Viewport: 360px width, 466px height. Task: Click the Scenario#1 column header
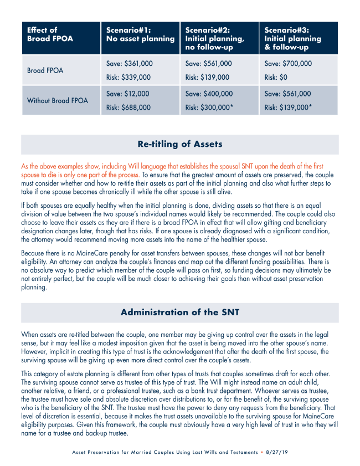pyautogui.click(x=140, y=34)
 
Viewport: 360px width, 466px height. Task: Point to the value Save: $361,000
pyautogui.click(x=129, y=64)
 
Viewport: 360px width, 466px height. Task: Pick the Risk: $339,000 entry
pyautogui.click(x=128, y=78)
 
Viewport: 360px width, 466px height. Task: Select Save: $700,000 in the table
pyautogui.click(x=288, y=64)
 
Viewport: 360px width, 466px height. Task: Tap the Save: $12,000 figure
pyautogui.click(x=127, y=94)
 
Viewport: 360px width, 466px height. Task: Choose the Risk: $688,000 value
pyautogui.click(x=128, y=107)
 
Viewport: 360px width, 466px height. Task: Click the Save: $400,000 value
pyautogui.click(x=209, y=94)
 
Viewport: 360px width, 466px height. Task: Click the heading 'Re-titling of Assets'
pyautogui.click(x=180, y=145)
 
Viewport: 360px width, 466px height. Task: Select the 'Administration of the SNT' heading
pyautogui.click(x=180, y=313)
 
